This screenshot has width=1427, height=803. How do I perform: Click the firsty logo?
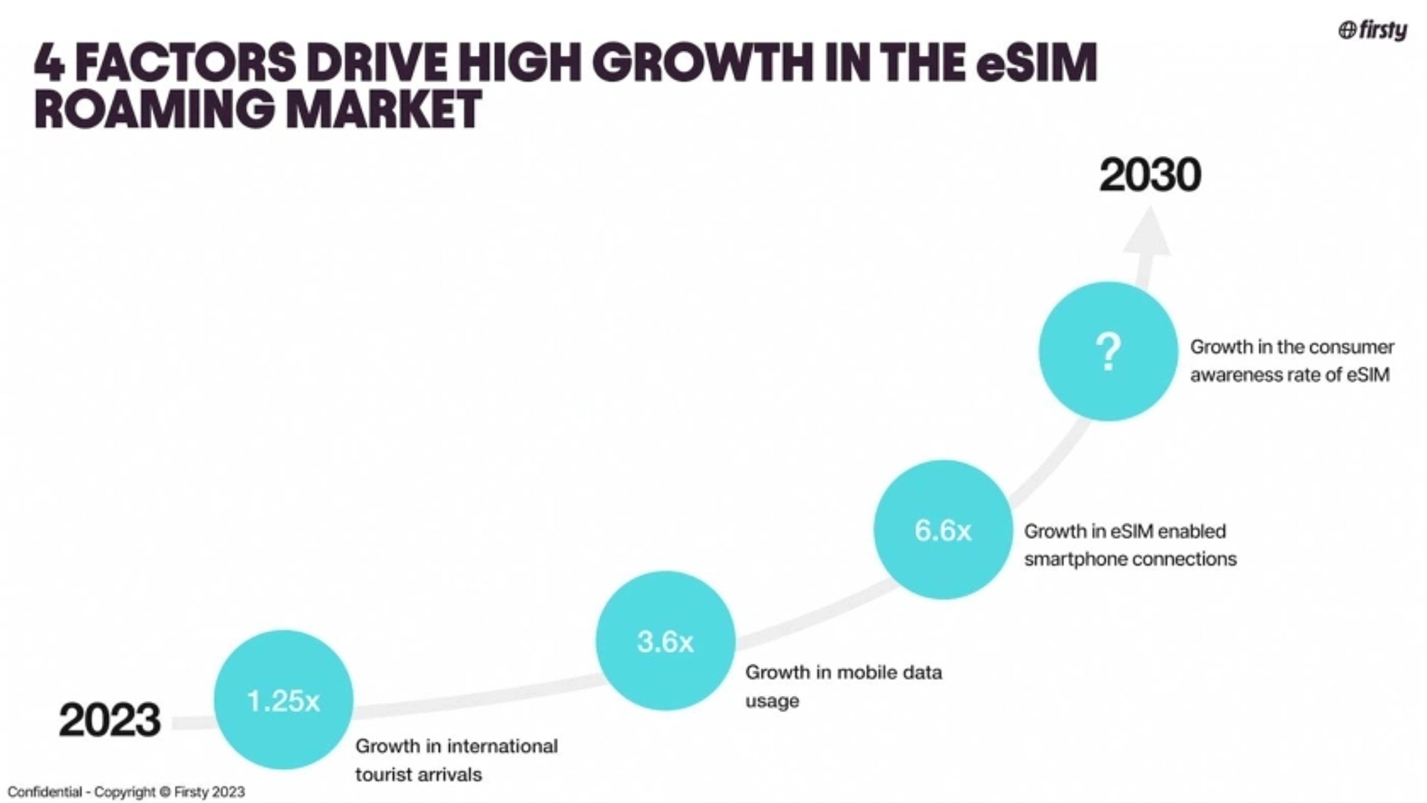(x=1373, y=30)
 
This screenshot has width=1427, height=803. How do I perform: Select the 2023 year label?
(x=110, y=720)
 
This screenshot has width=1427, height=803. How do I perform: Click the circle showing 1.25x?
(x=283, y=700)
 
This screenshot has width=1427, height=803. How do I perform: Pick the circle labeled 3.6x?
(x=665, y=641)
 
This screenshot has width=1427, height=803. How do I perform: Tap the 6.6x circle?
(x=943, y=530)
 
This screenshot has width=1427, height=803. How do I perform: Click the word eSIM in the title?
(x=1036, y=62)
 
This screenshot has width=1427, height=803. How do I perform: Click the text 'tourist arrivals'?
(x=418, y=774)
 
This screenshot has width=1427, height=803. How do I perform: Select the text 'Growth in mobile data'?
(x=843, y=672)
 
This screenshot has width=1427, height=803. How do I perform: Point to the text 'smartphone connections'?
(x=1130, y=559)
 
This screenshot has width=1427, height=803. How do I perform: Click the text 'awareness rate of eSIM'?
(x=1290, y=375)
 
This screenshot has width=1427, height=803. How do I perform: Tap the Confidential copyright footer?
(x=126, y=792)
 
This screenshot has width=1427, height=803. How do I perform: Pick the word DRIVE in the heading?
(x=377, y=62)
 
